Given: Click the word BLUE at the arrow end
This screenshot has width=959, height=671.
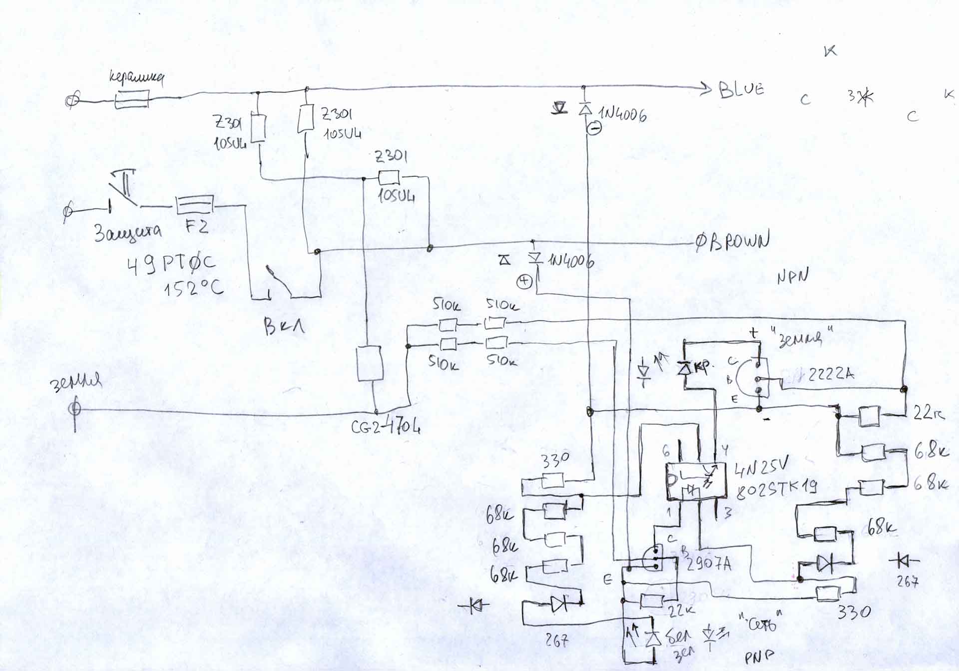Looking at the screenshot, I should pos(741,89).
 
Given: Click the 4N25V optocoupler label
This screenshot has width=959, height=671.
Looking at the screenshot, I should pos(761,468).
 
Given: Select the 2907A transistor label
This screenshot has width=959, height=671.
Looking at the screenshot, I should pos(709,564).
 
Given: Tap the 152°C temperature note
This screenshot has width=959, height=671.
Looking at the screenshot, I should pos(194,288).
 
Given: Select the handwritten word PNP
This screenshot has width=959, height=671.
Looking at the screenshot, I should pos(759,657).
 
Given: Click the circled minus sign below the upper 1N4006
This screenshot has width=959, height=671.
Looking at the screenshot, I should pos(593,128).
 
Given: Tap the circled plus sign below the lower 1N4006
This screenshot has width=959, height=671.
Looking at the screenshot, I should pos(524,282).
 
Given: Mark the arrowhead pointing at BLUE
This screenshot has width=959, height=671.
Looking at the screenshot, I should pos(706,89).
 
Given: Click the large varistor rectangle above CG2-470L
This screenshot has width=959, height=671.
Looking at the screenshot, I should pos(370,364).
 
